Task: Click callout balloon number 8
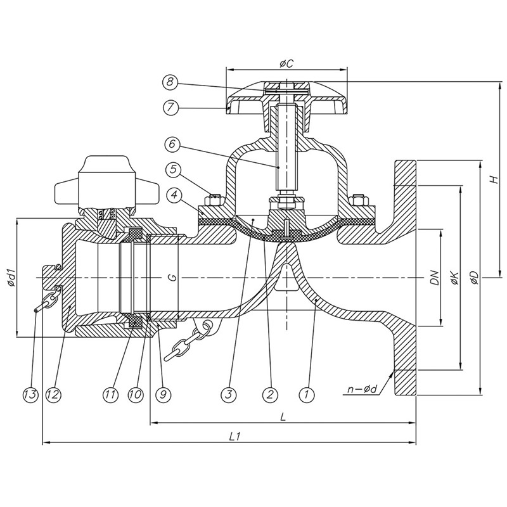tap(169, 82)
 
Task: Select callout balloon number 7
tap(169, 107)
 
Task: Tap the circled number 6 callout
tap(169, 145)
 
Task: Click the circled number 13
tap(29, 394)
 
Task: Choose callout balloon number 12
tap(53, 394)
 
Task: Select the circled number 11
tap(112, 394)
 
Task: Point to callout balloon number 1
tap(307, 394)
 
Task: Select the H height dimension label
tap(492, 180)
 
